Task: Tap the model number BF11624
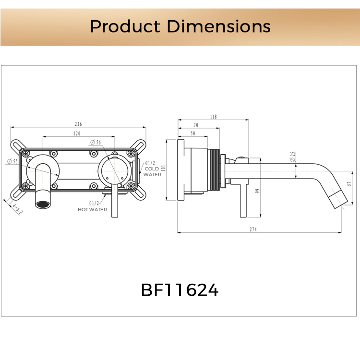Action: pyautogui.click(x=180, y=290)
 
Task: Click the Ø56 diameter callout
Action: pyautogui.click(x=95, y=143)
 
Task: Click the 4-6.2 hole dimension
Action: pyautogui.click(x=16, y=209)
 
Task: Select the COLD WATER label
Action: pyautogui.click(x=152, y=169)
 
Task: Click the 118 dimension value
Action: pyautogui.click(x=213, y=117)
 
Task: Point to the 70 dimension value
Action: pyautogui.click(x=196, y=125)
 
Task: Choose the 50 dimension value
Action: pyautogui.click(x=192, y=133)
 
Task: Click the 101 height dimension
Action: pyautogui.click(x=163, y=169)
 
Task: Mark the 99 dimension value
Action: pyautogui.click(x=257, y=191)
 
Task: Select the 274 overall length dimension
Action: pyautogui.click(x=253, y=230)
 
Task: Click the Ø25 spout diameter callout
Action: pyautogui.click(x=293, y=156)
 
